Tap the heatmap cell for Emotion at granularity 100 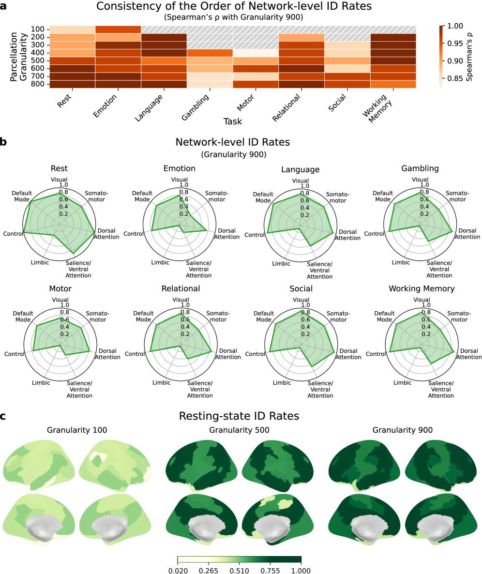pos(118,29)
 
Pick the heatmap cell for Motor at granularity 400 pos(256,53)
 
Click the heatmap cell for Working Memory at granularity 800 pos(393,84)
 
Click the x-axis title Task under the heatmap pos(233,121)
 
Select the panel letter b pos(3,142)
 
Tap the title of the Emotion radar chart pos(180,168)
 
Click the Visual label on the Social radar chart pos(301,300)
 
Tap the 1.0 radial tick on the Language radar pos(304,186)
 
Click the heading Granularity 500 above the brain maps pos(239,430)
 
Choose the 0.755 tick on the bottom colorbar pos(270,570)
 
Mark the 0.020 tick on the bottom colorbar pos(178,570)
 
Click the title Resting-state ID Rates pos(239,416)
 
